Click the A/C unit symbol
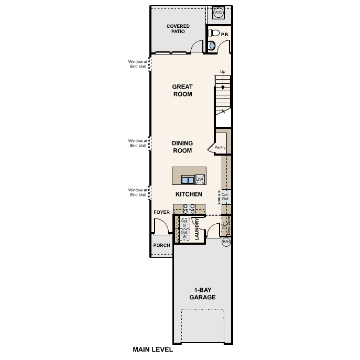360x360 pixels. point(219,13)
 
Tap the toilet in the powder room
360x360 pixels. point(214,33)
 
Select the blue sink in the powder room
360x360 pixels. point(212,46)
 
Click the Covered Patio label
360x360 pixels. point(178,29)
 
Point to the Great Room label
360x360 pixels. point(182,90)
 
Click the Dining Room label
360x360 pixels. point(182,147)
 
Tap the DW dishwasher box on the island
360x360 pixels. point(200,179)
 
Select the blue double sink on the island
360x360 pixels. point(188,180)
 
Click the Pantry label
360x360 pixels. point(220,147)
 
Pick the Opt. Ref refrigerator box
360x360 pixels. point(225,197)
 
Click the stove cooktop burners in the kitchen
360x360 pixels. point(189,209)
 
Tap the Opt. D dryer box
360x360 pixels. point(184,223)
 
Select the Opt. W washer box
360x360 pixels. point(184,234)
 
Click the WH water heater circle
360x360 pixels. point(226,242)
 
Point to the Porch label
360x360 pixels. point(161,245)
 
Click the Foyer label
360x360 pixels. point(161,212)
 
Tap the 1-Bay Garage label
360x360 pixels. point(202,293)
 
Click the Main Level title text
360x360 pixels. point(152,350)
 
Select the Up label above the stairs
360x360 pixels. point(223,72)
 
